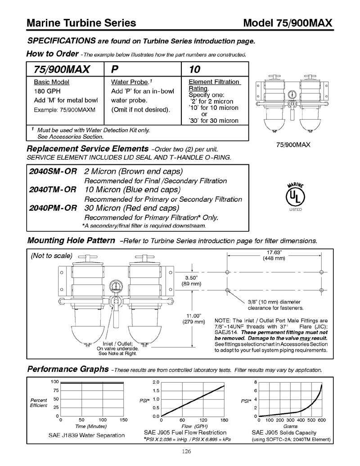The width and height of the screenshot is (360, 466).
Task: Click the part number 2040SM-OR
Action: click(53, 172)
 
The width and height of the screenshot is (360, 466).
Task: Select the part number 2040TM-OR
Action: click(53, 190)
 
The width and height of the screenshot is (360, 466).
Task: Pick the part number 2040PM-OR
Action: click(53, 208)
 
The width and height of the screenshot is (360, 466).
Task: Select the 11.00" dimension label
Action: click(193, 318)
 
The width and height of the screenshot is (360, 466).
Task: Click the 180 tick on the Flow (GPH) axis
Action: click(224, 420)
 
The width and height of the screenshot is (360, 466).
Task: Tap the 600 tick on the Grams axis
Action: click(321, 420)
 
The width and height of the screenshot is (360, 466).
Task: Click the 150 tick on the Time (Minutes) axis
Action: click(123, 420)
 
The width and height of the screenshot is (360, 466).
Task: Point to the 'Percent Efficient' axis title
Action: click(39, 403)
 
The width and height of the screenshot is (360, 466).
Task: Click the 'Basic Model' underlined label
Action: click(52, 82)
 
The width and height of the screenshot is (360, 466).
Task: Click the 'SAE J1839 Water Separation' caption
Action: click(86, 435)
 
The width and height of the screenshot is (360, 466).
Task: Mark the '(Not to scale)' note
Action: click(51, 256)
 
